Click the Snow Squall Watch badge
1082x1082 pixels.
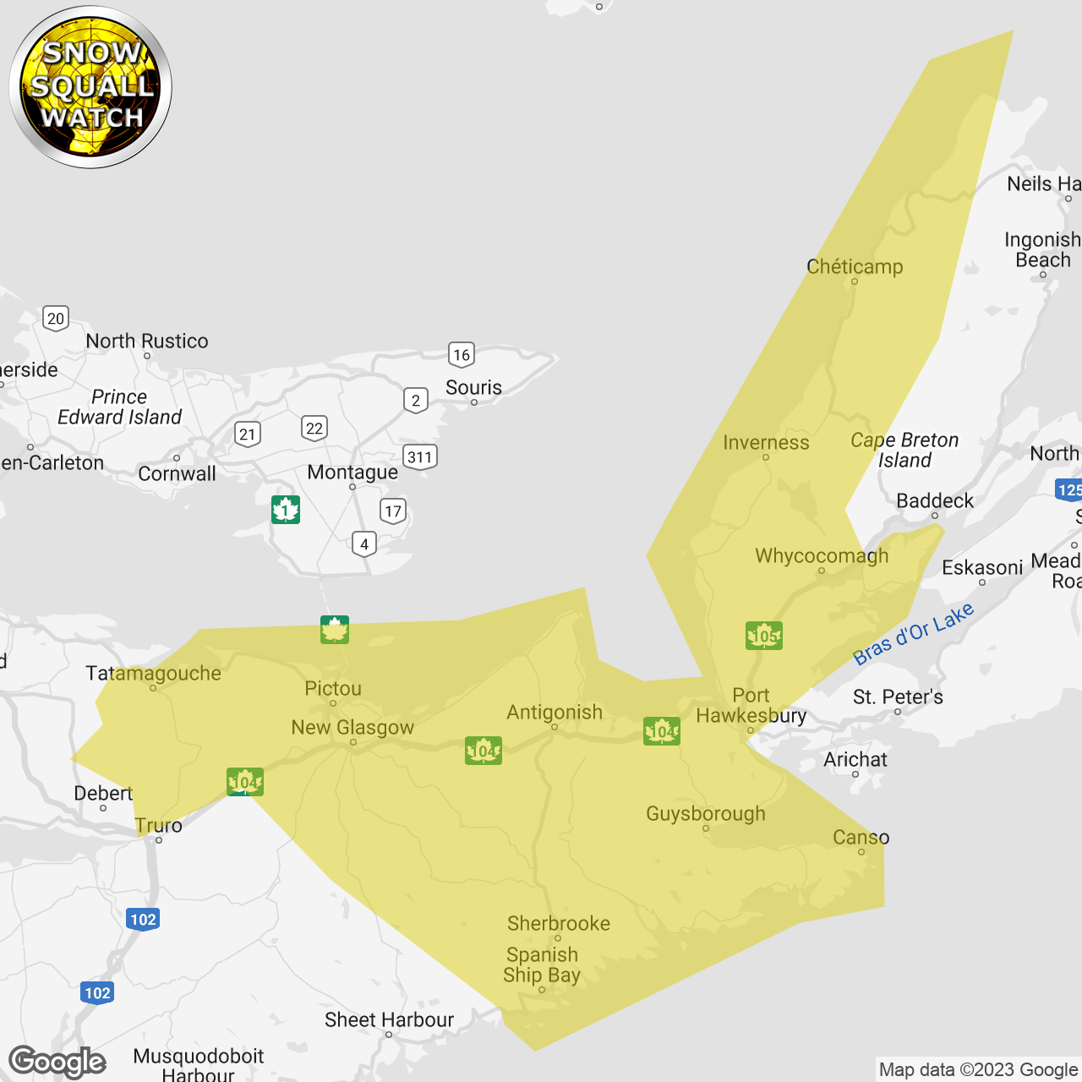point(90,86)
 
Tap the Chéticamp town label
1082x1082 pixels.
point(855,267)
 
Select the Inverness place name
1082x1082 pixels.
point(766,443)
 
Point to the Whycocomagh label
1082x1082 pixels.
point(822,556)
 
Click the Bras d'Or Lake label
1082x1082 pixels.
point(913,634)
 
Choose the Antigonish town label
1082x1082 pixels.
point(555,713)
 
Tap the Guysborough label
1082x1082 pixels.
point(706,814)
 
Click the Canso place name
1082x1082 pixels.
point(861,838)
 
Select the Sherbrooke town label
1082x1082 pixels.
point(559,924)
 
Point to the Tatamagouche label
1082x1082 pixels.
point(153,674)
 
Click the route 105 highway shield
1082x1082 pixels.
point(764,636)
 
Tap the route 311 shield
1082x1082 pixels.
point(420,457)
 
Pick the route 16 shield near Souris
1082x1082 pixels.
point(462,355)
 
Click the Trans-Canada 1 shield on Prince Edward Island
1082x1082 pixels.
point(286,510)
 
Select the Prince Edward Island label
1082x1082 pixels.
point(119,407)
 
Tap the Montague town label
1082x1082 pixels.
point(352,473)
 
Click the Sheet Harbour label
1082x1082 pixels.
point(389,1020)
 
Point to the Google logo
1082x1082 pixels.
point(57,1062)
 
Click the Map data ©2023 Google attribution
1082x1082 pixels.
point(978,1070)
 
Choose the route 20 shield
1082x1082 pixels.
point(56,319)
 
